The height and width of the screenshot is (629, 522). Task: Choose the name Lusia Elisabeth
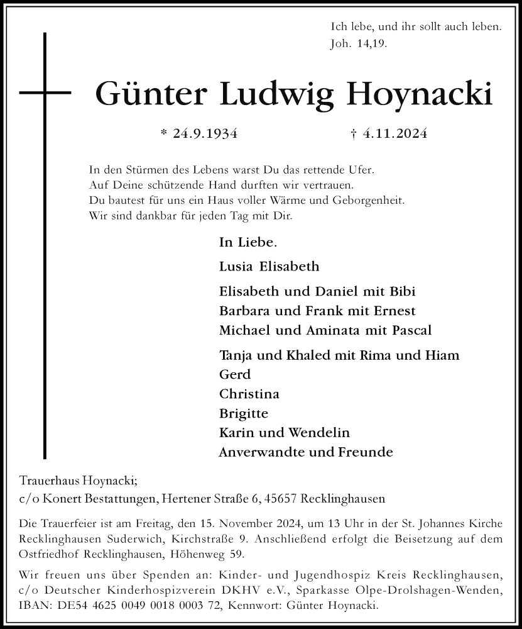pyautogui.click(x=269, y=266)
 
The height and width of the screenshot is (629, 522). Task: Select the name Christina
pyautogui.click(x=249, y=394)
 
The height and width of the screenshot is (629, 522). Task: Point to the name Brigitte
pyautogui.click(x=244, y=413)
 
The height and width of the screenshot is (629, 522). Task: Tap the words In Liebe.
pyautogui.click(x=248, y=242)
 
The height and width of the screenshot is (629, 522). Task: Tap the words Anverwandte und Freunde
pyautogui.click(x=305, y=452)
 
